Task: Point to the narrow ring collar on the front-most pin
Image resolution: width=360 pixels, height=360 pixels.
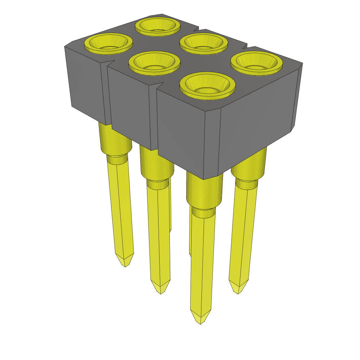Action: point(204,213)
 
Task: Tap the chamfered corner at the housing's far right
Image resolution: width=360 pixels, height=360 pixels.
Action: point(300,67)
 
